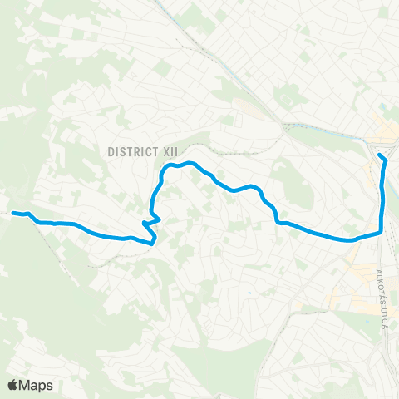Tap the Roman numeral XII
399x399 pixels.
(170, 151)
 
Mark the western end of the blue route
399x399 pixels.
(12, 213)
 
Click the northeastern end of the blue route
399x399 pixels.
(379, 155)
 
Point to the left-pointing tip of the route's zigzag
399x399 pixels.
(144, 223)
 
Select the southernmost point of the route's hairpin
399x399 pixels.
(152, 244)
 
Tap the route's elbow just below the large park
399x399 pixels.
(277, 222)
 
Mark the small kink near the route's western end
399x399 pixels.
(32, 216)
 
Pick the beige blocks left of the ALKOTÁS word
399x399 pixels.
(353, 287)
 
